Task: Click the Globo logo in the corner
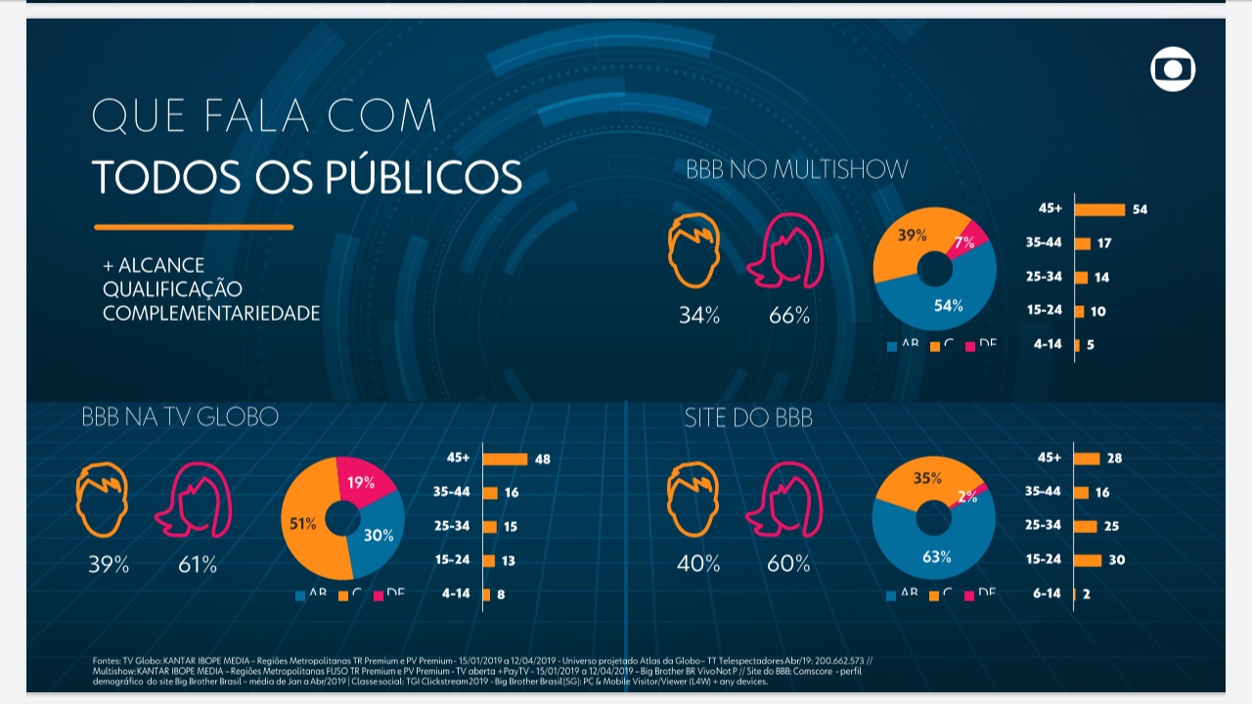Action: (x=1173, y=69)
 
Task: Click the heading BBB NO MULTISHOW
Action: (x=796, y=170)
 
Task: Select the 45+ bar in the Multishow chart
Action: (x=1099, y=209)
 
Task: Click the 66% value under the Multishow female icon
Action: (x=789, y=316)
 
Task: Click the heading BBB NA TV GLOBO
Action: (x=180, y=418)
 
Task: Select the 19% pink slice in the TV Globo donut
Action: (x=364, y=481)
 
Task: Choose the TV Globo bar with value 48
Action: (x=505, y=459)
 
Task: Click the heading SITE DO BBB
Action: (x=748, y=418)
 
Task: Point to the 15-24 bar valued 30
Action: (x=1088, y=560)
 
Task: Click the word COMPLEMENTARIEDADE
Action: (x=211, y=314)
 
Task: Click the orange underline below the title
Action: (x=194, y=227)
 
